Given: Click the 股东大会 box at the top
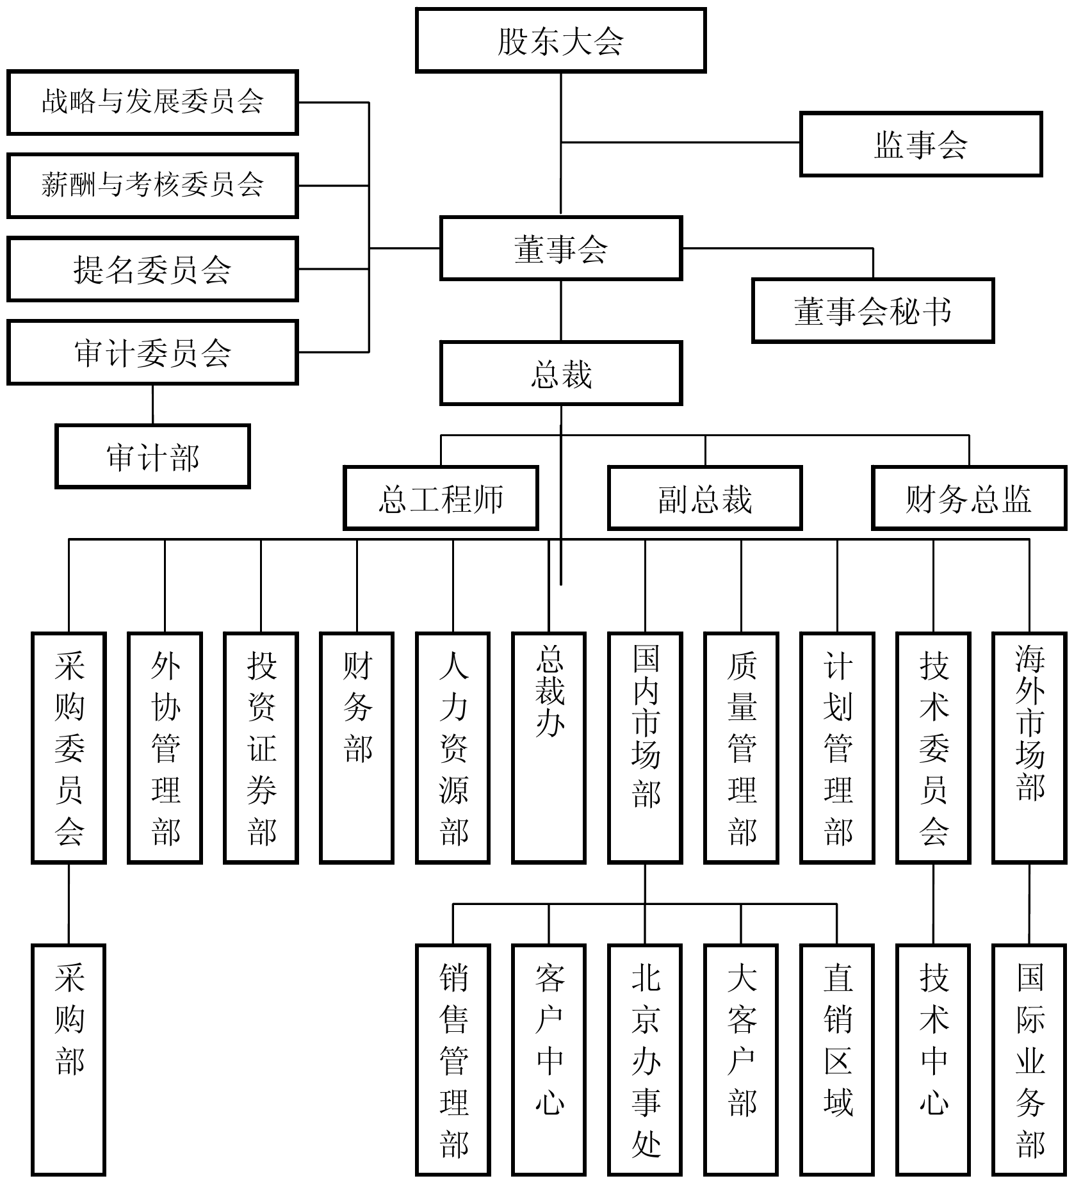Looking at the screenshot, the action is tap(560, 40).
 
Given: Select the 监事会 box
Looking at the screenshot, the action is tap(921, 144).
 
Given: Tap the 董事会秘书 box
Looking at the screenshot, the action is tap(873, 311).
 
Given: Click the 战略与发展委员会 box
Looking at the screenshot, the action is tap(152, 102).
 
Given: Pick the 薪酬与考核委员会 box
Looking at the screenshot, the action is tap(152, 186).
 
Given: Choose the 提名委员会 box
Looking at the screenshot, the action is tap(152, 269).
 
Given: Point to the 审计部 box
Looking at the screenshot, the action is tap(152, 456).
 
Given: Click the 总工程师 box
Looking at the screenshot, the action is tap(441, 498).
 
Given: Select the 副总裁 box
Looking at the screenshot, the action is tap(705, 498).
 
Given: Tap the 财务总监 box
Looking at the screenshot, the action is tap(969, 498).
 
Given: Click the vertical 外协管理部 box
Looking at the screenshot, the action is tap(165, 747).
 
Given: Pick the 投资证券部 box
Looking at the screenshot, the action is tap(261, 747).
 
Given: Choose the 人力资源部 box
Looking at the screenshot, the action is tap(453, 747).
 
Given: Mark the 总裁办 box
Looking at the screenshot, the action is tap(549, 747).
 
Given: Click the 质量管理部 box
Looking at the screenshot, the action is tap(742, 747).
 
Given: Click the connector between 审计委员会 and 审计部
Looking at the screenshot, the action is tap(152, 404).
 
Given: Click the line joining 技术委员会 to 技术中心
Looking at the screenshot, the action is tap(933, 904).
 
